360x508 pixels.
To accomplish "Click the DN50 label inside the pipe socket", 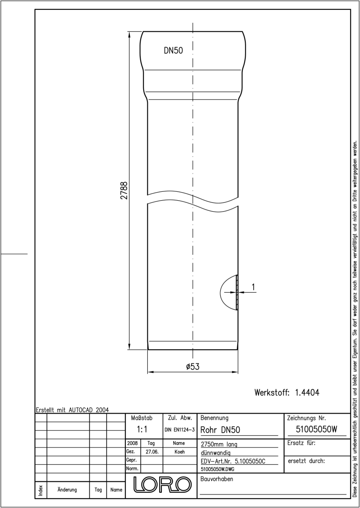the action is point(173,50).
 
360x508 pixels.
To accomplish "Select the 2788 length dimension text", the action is point(124,190).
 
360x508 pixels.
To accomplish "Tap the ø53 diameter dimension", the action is point(193,367).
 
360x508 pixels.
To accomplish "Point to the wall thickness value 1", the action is point(253,287).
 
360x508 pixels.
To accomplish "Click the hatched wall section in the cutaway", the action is point(237,293).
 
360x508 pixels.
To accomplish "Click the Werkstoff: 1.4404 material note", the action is point(287,392).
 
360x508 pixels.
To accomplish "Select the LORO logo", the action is point(162,484).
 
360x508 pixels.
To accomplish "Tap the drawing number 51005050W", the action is point(316,429).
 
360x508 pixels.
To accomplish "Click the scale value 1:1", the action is point(142,429).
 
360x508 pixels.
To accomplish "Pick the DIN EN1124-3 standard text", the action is point(180,430).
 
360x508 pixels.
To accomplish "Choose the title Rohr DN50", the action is point(220,430).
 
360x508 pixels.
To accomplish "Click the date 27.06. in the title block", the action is point(152,452).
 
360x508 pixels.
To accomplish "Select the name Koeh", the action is point(180,452).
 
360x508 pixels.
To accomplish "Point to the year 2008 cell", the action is point(133,443).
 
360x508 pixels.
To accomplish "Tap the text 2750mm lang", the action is point(219,444).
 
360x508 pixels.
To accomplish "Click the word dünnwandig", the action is point(216,453).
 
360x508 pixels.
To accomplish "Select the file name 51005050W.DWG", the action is point(218,469).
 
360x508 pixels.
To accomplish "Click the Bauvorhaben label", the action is point(216,479).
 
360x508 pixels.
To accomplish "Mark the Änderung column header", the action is point(67,490).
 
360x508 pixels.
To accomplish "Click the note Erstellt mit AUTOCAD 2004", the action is point(72,410).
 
